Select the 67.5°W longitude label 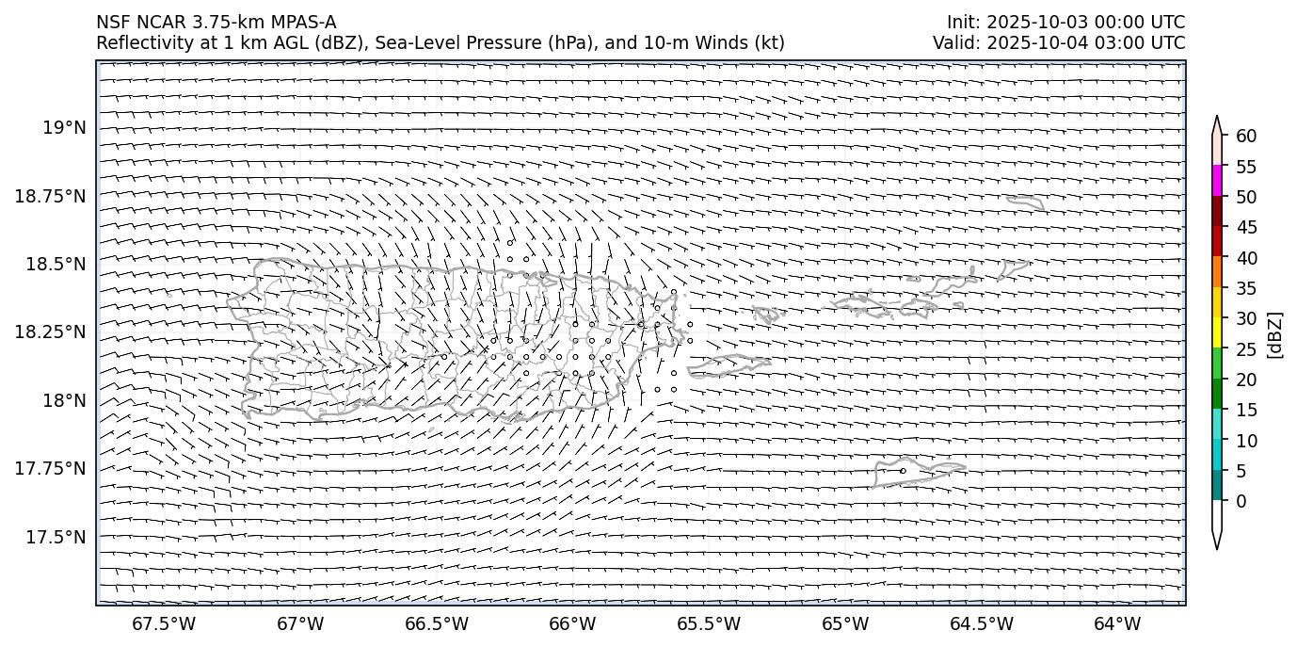(x=164, y=623)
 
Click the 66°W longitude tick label (x=572, y=623)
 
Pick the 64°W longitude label (x=1117, y=623)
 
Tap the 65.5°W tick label (x=709, y=623)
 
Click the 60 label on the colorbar (x=1246, y=137)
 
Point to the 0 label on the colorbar (x=1241, y=501)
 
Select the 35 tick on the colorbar (x=1246, y=288)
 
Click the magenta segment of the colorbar (x=1217, y=181)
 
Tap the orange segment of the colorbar (x=1217, y=272)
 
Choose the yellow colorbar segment (x=1217, y=332)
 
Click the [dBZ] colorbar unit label (x=1276, y=334)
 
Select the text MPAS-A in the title (x=304, y=23)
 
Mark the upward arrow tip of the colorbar (x=1217, y=119)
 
